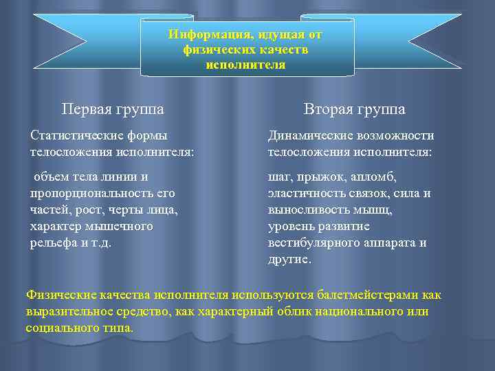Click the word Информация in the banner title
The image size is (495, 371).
tap(201, 34)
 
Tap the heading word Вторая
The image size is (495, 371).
tap(330, 109)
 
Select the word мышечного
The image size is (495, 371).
tap(120, 226)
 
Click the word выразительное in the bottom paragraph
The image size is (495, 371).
tap(69, 312)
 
